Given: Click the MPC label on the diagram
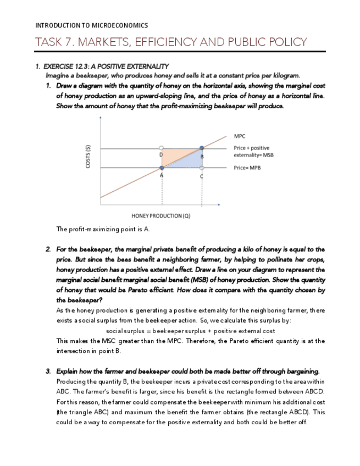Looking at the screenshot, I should point(240,136).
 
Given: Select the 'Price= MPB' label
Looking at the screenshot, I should point(247,167).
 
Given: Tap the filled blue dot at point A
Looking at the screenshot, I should point(162,168).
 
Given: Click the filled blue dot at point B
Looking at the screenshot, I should point(202,148).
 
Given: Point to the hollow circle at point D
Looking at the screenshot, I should point(161,148).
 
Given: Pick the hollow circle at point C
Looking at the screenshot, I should point(202,168).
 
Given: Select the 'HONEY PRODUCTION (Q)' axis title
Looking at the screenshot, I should point(161,215).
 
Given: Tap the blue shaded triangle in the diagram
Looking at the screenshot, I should point(190,162).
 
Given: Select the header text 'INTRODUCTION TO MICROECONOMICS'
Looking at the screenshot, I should point(91,25).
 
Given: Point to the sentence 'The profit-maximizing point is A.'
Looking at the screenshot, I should point(103,229).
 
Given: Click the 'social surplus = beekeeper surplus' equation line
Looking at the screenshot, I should point(190,331).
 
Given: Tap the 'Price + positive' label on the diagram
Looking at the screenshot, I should point(251,148).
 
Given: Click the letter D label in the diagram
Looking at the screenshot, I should point(160,155).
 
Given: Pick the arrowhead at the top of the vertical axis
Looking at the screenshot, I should point(100,118).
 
